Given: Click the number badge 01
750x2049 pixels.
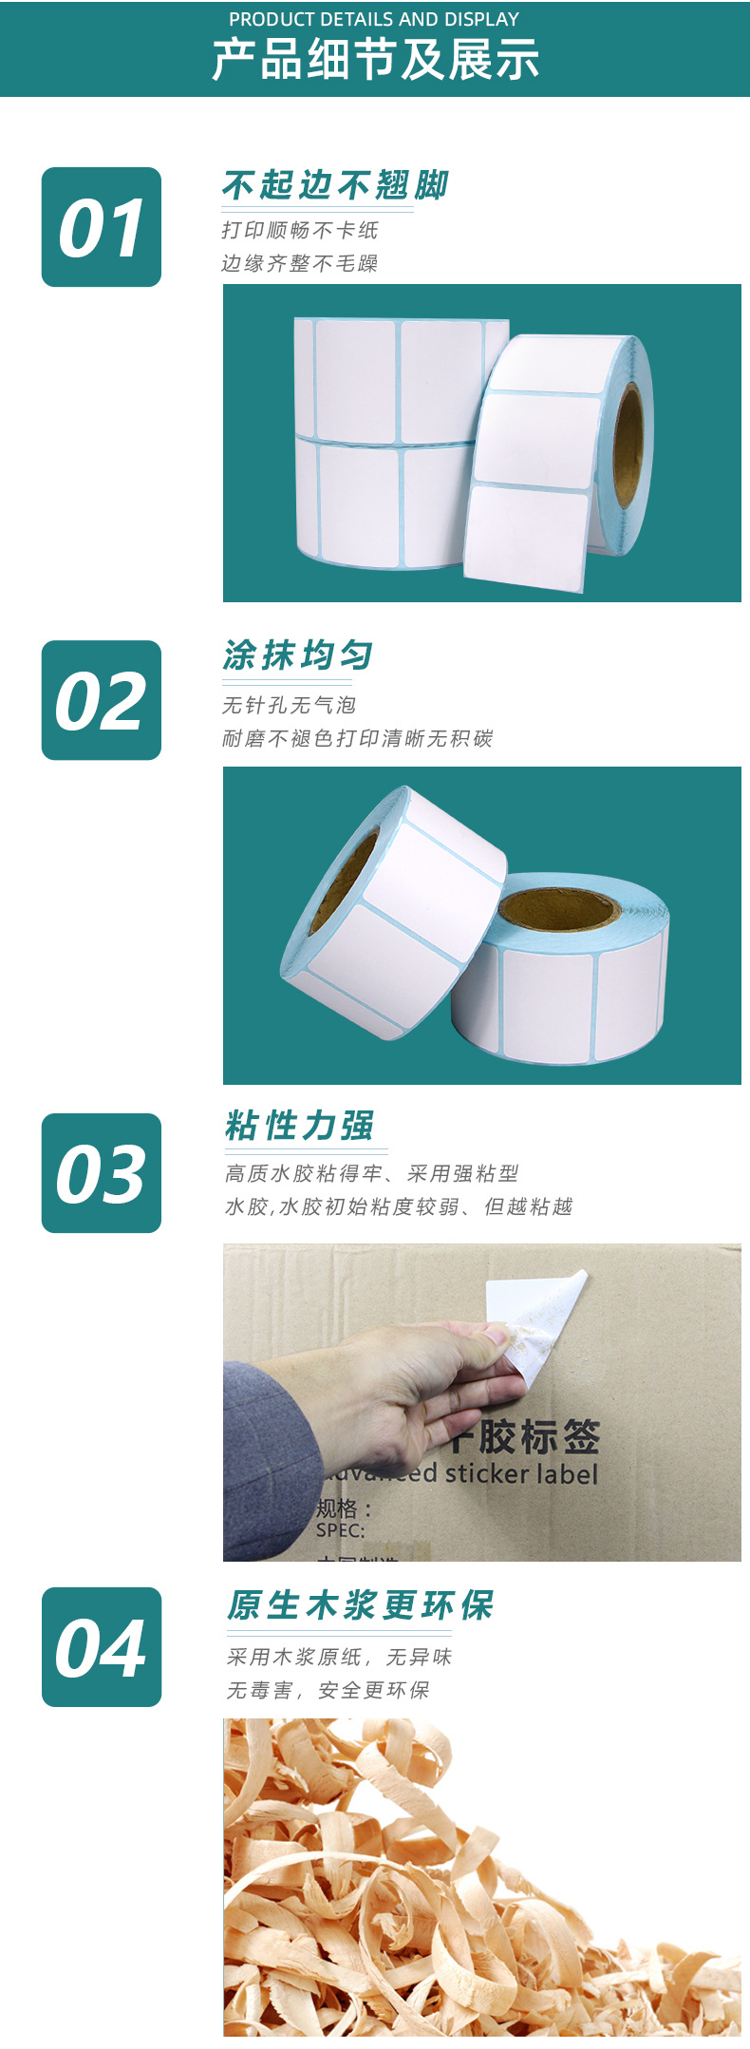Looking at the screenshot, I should point(102,227).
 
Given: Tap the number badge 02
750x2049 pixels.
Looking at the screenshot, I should point(102,700).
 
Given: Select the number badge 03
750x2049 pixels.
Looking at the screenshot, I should point(102,1173).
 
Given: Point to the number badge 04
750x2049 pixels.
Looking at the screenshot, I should point(102,1646).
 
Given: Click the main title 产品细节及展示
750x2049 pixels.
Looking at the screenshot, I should point(375,60).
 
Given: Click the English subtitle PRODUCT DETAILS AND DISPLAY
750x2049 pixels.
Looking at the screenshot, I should point(374,19).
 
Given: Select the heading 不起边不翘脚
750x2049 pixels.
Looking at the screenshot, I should point(335,185).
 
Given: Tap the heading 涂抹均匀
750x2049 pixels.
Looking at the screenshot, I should point(298,655).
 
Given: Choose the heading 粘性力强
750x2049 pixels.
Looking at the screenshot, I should point(300,1126).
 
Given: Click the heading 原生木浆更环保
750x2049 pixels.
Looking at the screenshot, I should point(360,1605).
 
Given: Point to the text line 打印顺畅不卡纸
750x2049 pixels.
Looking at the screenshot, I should point(300,230).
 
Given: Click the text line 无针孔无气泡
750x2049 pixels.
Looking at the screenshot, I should point(289,705).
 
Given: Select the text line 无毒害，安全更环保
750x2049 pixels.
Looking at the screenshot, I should point(328,1690).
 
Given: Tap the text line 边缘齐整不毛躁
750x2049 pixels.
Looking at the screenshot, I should point(300,263).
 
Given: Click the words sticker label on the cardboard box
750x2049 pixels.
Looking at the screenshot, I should point(521,1473).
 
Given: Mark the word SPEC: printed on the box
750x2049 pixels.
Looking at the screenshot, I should point(340,1530).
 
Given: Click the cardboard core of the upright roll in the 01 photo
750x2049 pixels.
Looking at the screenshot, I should point(628,446).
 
